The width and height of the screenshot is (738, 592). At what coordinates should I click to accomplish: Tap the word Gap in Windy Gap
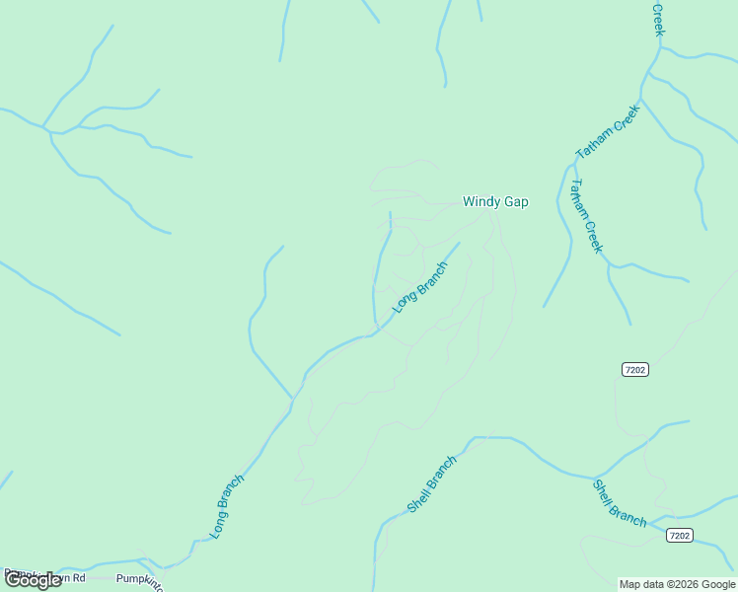(516, 202)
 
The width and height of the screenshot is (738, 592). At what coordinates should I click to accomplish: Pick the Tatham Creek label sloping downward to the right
(586, 216)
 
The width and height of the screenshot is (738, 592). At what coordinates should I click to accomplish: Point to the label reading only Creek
(658, 19)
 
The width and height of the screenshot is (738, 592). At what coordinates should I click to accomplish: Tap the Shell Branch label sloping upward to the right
(433, 484)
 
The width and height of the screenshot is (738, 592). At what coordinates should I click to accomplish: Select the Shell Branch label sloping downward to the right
(620, 503)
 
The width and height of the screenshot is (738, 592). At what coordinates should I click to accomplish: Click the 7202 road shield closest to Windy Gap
(635, 369)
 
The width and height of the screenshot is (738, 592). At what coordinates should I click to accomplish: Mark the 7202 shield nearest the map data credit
(679, 536)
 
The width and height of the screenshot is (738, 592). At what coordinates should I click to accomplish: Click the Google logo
(33, 580)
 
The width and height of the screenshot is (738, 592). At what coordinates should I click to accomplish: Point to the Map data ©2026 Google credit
(677, 584)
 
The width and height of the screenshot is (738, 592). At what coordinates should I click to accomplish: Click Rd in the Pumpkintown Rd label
(78, 577)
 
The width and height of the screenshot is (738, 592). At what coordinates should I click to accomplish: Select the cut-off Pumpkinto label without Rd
(139, 579)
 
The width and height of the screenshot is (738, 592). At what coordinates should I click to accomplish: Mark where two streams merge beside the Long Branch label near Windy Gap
(376, 330)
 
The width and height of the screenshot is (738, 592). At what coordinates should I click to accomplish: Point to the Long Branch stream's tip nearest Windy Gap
(459, 243)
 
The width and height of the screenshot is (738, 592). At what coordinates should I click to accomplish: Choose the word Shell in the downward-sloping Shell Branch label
(604, 491)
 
